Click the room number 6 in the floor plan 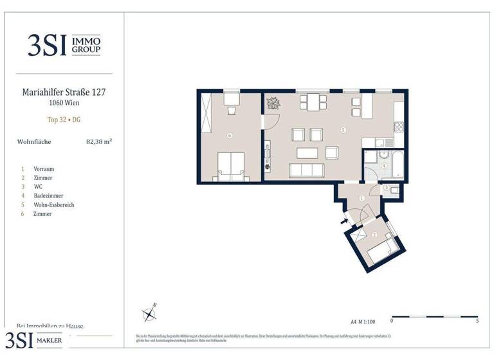230,136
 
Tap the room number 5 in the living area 343,130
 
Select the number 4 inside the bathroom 384,165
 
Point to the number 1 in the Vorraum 361,199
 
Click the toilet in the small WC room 394,189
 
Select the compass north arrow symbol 150,313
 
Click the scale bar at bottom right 434,316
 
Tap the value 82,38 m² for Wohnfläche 99,141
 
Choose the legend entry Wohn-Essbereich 55,204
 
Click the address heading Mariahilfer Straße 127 64,92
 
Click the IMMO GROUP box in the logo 86,44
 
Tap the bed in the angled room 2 384,251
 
